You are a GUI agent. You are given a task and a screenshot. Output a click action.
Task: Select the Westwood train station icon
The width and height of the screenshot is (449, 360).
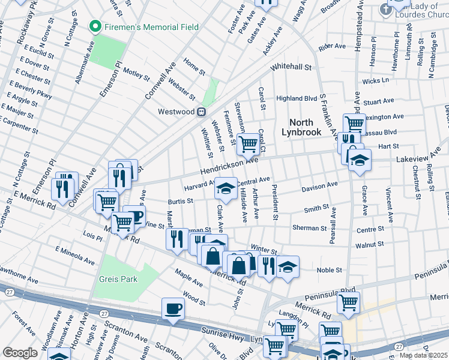click(x=202, y=111)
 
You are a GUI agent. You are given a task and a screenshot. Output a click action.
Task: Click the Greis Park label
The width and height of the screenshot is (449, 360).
click(x=119, y=278)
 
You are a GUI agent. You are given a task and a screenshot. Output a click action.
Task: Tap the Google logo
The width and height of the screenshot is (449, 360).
click(x=20, y=352)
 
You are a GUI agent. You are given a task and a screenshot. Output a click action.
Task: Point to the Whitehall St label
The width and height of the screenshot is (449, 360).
click(x=292, y=68)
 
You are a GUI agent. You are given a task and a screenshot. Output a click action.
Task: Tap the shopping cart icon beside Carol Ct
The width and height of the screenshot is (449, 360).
click(x=247, y=143)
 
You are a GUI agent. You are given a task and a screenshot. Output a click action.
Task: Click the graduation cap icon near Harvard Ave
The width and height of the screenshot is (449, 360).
click(x=226, y=189)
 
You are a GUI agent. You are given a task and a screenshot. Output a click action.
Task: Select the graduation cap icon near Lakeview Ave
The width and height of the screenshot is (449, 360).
click(x=360, y=160)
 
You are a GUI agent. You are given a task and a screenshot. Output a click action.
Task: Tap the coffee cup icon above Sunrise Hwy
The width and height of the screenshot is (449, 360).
click(x=173, y=308)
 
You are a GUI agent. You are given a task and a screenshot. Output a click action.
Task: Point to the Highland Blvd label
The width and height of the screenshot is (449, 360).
click(x=296, y=98)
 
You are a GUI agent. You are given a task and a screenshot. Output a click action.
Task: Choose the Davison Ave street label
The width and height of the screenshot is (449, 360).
click(x=320, y=187)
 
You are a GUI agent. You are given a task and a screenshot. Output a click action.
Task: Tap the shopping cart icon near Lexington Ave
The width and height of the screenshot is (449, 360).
click(x=354, y=124)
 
